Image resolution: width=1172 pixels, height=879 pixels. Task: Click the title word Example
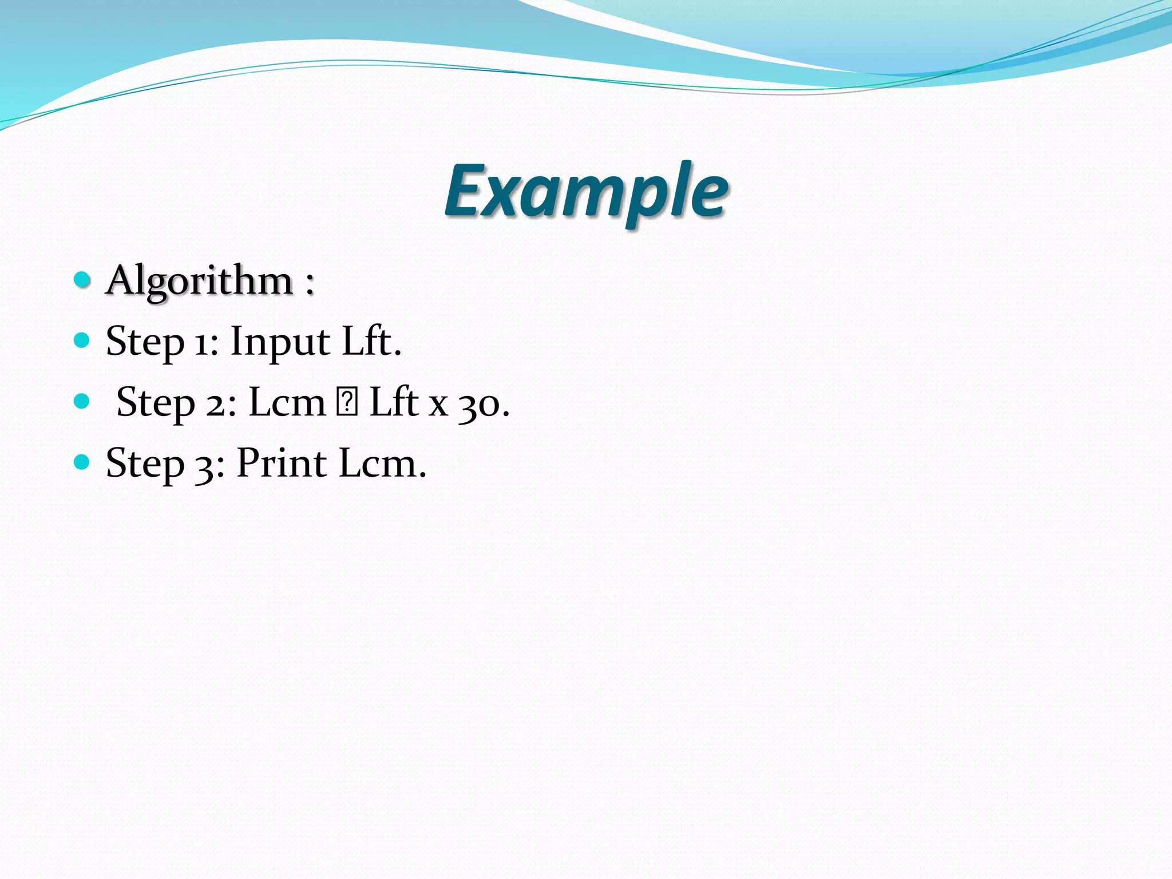(586, 192)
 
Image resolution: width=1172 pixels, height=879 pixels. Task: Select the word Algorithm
(200, 282)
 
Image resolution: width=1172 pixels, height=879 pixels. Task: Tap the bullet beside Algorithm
(82, 280)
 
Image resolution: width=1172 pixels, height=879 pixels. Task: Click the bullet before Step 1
(82, 340)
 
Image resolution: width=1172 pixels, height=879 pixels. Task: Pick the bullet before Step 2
(82, 401)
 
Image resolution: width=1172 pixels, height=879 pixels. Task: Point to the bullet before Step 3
(82, 462)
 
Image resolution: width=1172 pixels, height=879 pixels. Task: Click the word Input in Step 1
(280, 342)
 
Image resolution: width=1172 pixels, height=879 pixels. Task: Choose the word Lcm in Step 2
(287, 402)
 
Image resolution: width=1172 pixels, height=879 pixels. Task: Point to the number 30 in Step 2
(479, 405)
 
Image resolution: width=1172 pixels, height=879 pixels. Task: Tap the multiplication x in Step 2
(438, 406)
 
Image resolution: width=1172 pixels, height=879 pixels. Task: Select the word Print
(282, 463)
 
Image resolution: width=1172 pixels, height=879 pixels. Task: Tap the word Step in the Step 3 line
(145, 464)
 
